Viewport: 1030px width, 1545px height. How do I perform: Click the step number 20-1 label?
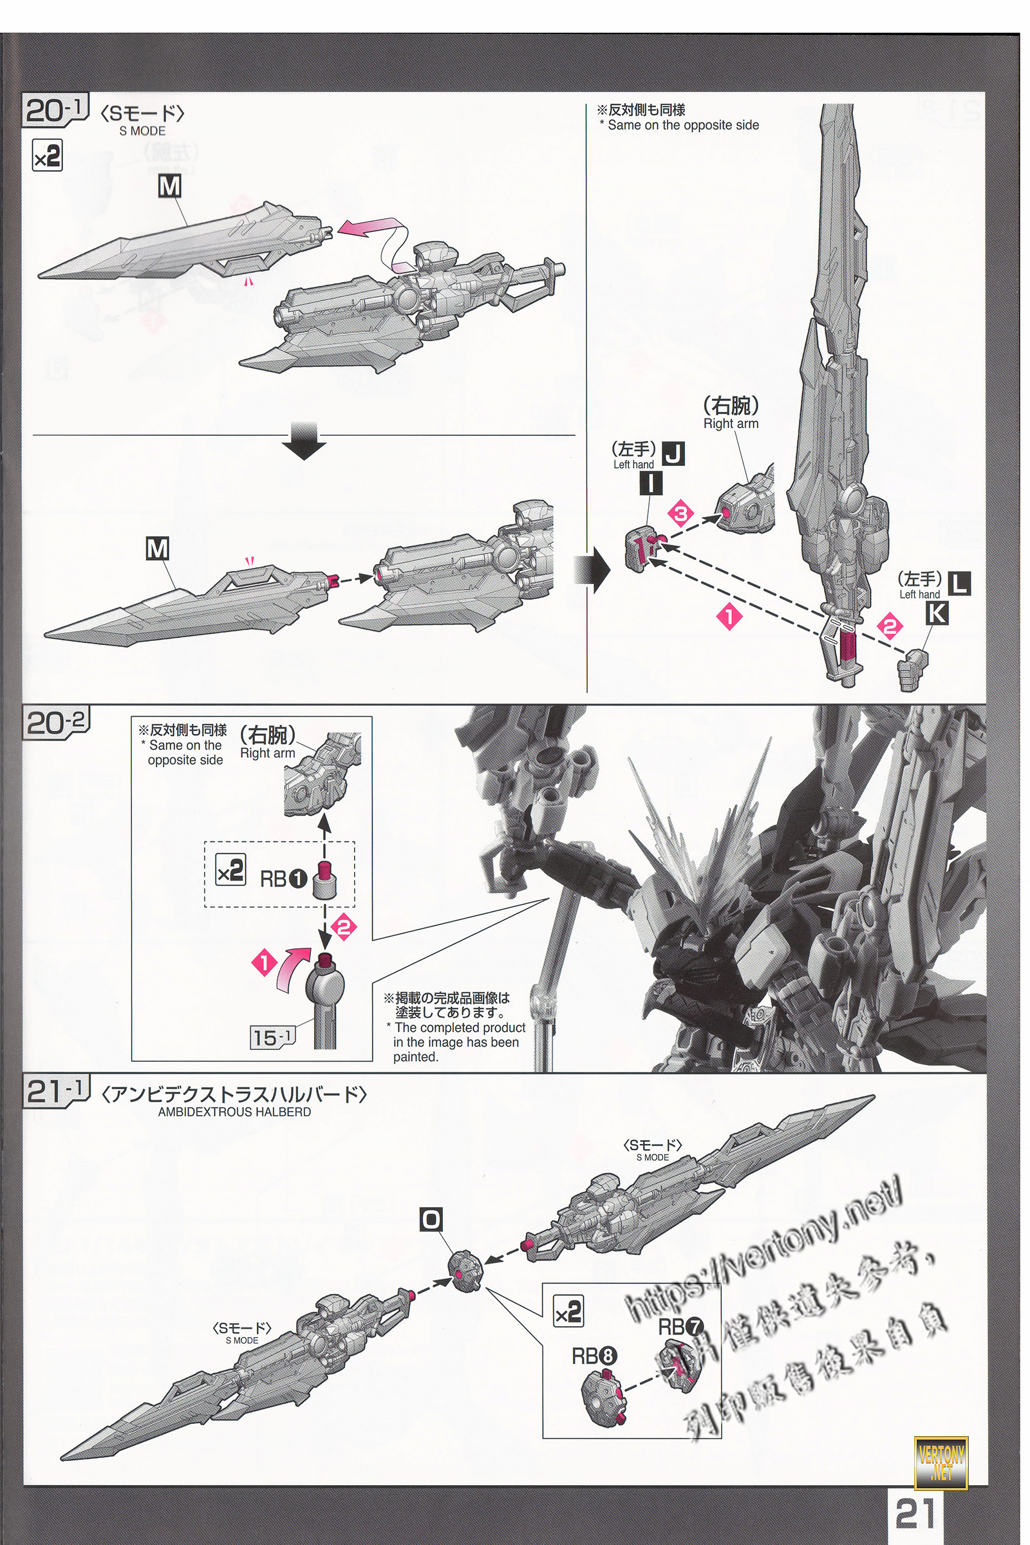(55, 109)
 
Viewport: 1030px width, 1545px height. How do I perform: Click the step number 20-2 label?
(55, 723)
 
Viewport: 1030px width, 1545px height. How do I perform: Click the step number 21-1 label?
(55, 1092)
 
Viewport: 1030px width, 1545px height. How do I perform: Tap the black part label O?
(431, 1221)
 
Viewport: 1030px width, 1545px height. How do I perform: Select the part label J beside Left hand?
(673, 454)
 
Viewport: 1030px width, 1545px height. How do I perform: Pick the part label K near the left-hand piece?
(936, 613)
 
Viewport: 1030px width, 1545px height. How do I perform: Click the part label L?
(960, 583)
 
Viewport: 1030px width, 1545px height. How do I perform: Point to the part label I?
(650, 484)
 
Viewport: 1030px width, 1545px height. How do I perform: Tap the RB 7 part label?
(680, 1326)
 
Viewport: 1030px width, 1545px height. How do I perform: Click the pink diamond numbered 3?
(680, 514)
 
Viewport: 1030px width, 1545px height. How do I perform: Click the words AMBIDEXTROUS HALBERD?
(234, 1112)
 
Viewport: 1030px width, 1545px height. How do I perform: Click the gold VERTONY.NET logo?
(941, 1459)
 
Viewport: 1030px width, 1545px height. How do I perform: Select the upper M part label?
(169, 187)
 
